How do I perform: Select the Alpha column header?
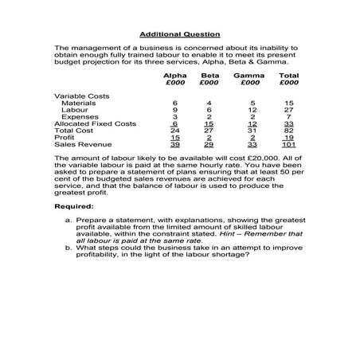[175, 75]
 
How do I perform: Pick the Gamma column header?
[249, 75]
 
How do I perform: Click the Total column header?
[288, 75]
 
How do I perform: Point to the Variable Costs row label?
[77, 96]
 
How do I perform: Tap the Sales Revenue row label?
[79, 144]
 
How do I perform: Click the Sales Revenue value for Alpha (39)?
[175, 144]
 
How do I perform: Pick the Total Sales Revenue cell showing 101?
[289, 144]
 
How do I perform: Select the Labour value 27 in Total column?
[289, 110]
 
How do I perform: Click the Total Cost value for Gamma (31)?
[252, 131]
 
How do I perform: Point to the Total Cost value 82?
[289, 131]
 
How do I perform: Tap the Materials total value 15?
[289, 103]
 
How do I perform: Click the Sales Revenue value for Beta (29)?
[209, 144]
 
